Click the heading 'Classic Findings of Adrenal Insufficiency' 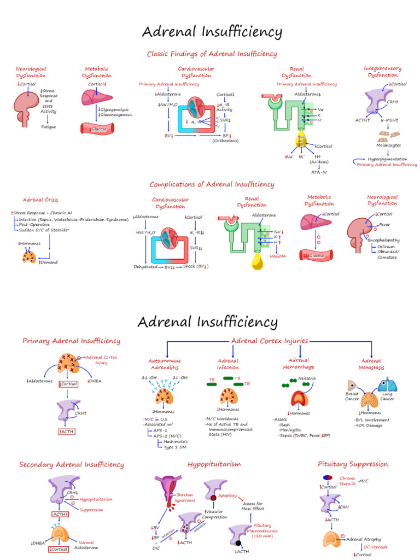(x=212, y=54)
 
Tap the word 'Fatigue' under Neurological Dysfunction (x=49, y=126)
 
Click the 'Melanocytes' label (x=389, y=145)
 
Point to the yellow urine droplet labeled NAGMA (x=256, y=260)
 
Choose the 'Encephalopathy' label (x=383, y=240)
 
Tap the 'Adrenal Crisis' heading (x=40, y=200)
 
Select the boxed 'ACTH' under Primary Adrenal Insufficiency (x=67, y=431)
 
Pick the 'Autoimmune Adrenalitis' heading (x=165, y=364)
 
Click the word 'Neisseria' (x=307, y=378)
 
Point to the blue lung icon (x=387, y=385)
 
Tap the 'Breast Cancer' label (x=352, y=396)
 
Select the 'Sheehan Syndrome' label (x=185, y=497)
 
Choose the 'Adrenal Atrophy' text (x=364, y=539)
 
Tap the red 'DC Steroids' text (x=378, y=547)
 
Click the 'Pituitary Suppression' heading (x=353, y=464)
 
